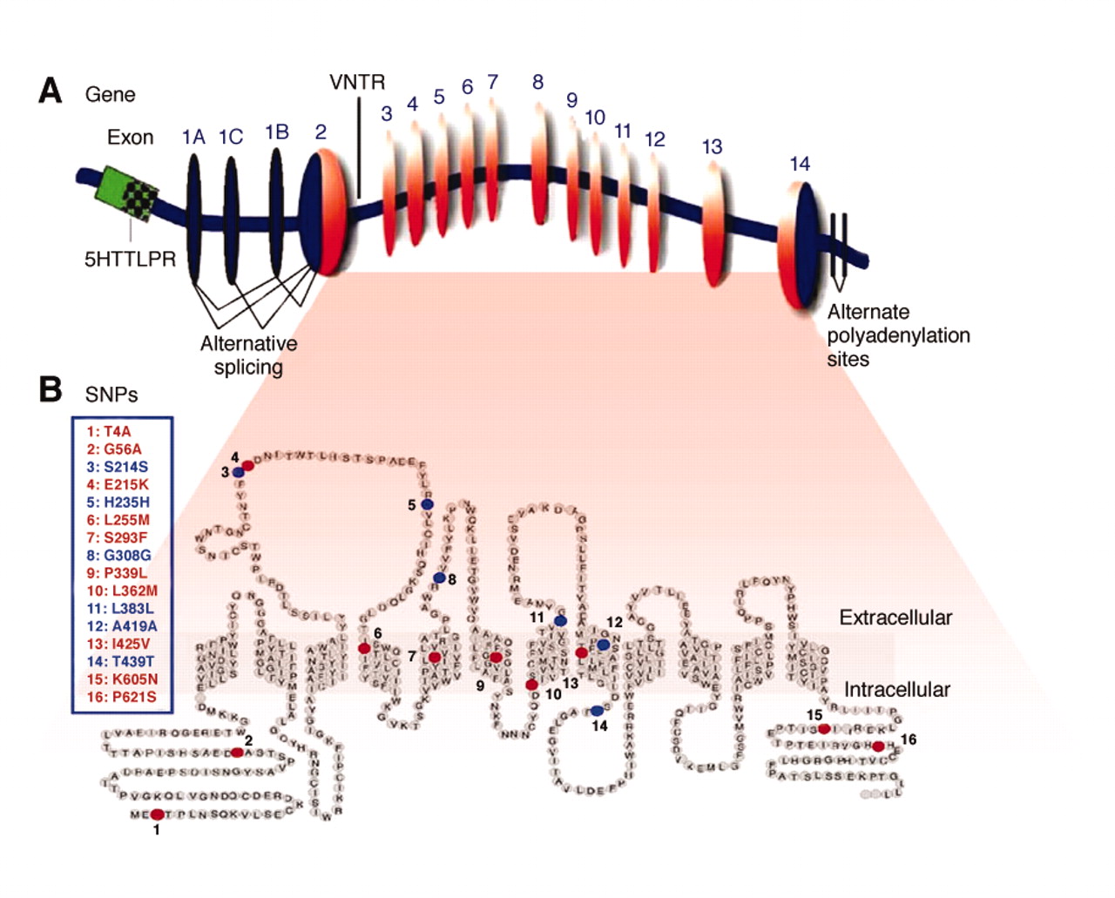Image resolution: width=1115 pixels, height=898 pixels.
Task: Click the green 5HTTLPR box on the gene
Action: (x=131, y=192)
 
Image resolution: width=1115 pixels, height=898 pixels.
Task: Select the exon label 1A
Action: (x=193, y=138)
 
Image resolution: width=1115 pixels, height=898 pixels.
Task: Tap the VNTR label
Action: (x=357, y=83)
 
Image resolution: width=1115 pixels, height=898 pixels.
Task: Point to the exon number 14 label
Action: (x=800, y=164)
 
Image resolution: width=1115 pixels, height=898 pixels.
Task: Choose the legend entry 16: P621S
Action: (x=121, y=697)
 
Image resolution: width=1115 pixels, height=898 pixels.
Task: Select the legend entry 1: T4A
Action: (x=109, y=431)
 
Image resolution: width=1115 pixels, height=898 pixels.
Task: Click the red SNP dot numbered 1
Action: (x=158, y=814)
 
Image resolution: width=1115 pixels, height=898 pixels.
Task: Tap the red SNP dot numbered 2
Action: (x=237, y=753)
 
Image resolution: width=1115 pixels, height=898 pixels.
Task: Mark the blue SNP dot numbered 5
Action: (x=427, y=504)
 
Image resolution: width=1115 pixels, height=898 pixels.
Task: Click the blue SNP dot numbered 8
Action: (x=440, y=577)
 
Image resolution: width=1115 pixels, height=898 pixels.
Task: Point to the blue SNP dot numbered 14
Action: (x=597, y=712)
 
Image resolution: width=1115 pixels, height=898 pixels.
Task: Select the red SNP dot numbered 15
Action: (x=824, y=729)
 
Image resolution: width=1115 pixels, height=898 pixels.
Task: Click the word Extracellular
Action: (x=895, y=618)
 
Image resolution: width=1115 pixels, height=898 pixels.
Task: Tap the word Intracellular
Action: (x=896, y=690)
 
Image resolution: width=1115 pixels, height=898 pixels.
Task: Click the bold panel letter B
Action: (x=51, y=389)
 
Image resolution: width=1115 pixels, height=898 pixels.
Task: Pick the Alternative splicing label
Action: (x=248, y=355)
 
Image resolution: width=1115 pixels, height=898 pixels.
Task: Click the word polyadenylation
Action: (x=898, y=335)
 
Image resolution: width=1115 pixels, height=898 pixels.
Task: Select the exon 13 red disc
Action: (x=714, y=222)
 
